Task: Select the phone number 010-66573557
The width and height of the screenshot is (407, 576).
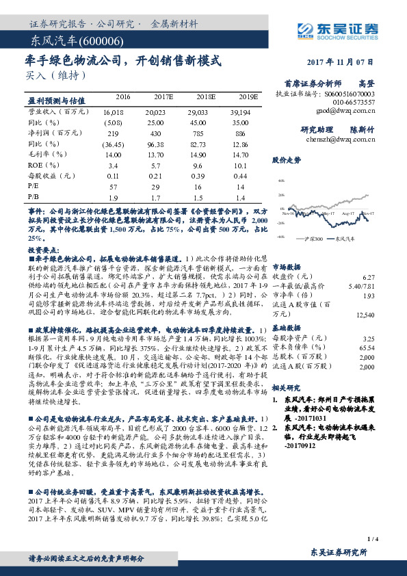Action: tap(355, 101)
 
